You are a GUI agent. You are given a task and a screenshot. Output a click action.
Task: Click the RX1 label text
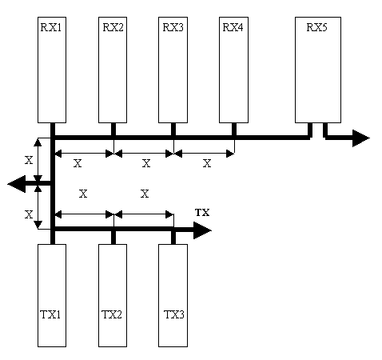pyautogui.click(x=51, y=27)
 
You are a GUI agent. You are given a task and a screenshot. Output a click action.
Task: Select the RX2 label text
pyautogui.click(x=113, y=27)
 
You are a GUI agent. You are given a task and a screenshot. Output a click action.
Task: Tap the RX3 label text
pyautogui.click(x=173, y=27)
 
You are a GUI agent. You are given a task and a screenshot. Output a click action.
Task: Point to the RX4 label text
pyautogui.click(x=233, y=27)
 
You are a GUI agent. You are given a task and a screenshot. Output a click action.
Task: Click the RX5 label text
pyautogui.click(x=317, y=27)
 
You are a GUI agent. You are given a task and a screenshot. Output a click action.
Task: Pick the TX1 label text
pyautogui.click(x=50, y=314)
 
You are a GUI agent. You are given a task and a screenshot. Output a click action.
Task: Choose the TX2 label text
pyautogui.click(x=112, y=314)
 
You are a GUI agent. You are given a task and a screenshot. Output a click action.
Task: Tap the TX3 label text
pyautogui.click(x=173, y=314)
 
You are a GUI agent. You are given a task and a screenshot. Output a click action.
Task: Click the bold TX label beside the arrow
pyautogui.click(x=202, y=213)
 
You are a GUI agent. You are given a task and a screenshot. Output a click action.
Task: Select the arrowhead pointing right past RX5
pyautogui.click(x=360, y=138)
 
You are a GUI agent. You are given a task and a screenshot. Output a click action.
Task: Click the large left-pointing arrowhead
pyautogui.click(x=17, y=184)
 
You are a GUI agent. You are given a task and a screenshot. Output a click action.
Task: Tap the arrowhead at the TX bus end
pyautogui.click(x=202, y=230)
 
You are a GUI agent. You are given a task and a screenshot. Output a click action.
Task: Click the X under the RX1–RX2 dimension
pyautogui.click(x=78, y=163)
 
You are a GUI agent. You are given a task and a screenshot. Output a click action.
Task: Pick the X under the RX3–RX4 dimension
pyautogui.click(x=207, y=163)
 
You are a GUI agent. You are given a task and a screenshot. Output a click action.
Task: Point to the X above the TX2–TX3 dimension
pyautogui.click(x=145, y=194)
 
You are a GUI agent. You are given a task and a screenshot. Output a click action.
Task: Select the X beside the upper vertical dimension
pyautogui.click(x=29, y=160)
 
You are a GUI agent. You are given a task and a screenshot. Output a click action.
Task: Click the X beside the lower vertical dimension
pyautogui.click(x=29, y=214)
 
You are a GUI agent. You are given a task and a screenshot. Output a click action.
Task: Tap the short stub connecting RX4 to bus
pyautogui.click(x=234, y=130)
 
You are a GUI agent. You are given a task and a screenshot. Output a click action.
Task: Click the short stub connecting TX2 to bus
pyautogui.click(x=113, y=238)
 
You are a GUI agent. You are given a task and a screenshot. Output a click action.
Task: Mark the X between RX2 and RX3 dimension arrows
pyautogui.click(x=146, y=163)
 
